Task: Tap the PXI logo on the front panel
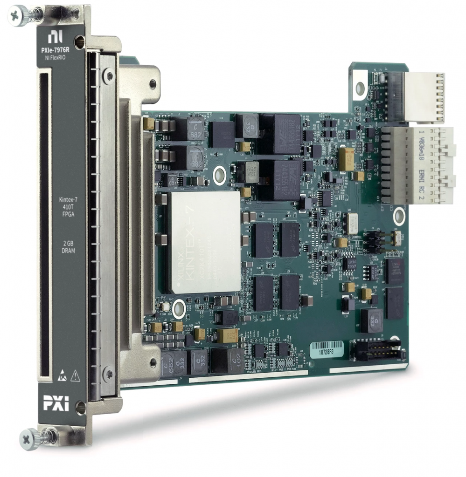pyautogui.click(x=56, y=403)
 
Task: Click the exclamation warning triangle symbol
pyautogui.click(x=75, y=377)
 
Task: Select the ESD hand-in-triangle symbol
pyautogui.click(x=62, y=377)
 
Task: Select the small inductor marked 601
pyautogui.click(x=172, y=180)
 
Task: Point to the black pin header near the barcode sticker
pyautogui.click(x=376, y=350)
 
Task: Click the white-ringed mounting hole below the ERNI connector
pyautogui.click(x=399, y=216)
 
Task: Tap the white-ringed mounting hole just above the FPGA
pyautogui.click(x=219, y=176)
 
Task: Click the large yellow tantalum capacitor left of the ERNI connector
pyautogui.click(x=346, y=159)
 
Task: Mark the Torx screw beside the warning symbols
pyautogui.click(x=109, y=373)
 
